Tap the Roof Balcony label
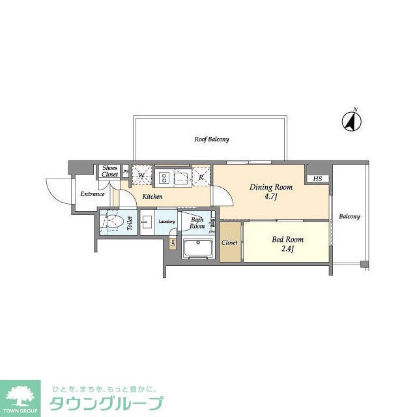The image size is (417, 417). tap(211, 139)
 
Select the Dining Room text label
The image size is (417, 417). tap(271, 187)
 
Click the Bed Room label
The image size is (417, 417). tap(287, 239)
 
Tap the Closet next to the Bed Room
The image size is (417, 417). tap(229, 242)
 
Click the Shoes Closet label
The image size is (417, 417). tap(109, 171)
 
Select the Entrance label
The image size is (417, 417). tap(93, 194)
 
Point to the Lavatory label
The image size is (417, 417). tap(167, 222)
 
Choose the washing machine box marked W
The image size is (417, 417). tap(141, 175)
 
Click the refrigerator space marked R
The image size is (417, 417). tap(201, 177)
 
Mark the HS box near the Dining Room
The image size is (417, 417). tap(317, 179)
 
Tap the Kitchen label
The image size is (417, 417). tap(152, 196)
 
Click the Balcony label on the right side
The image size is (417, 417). tap(349, 216)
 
